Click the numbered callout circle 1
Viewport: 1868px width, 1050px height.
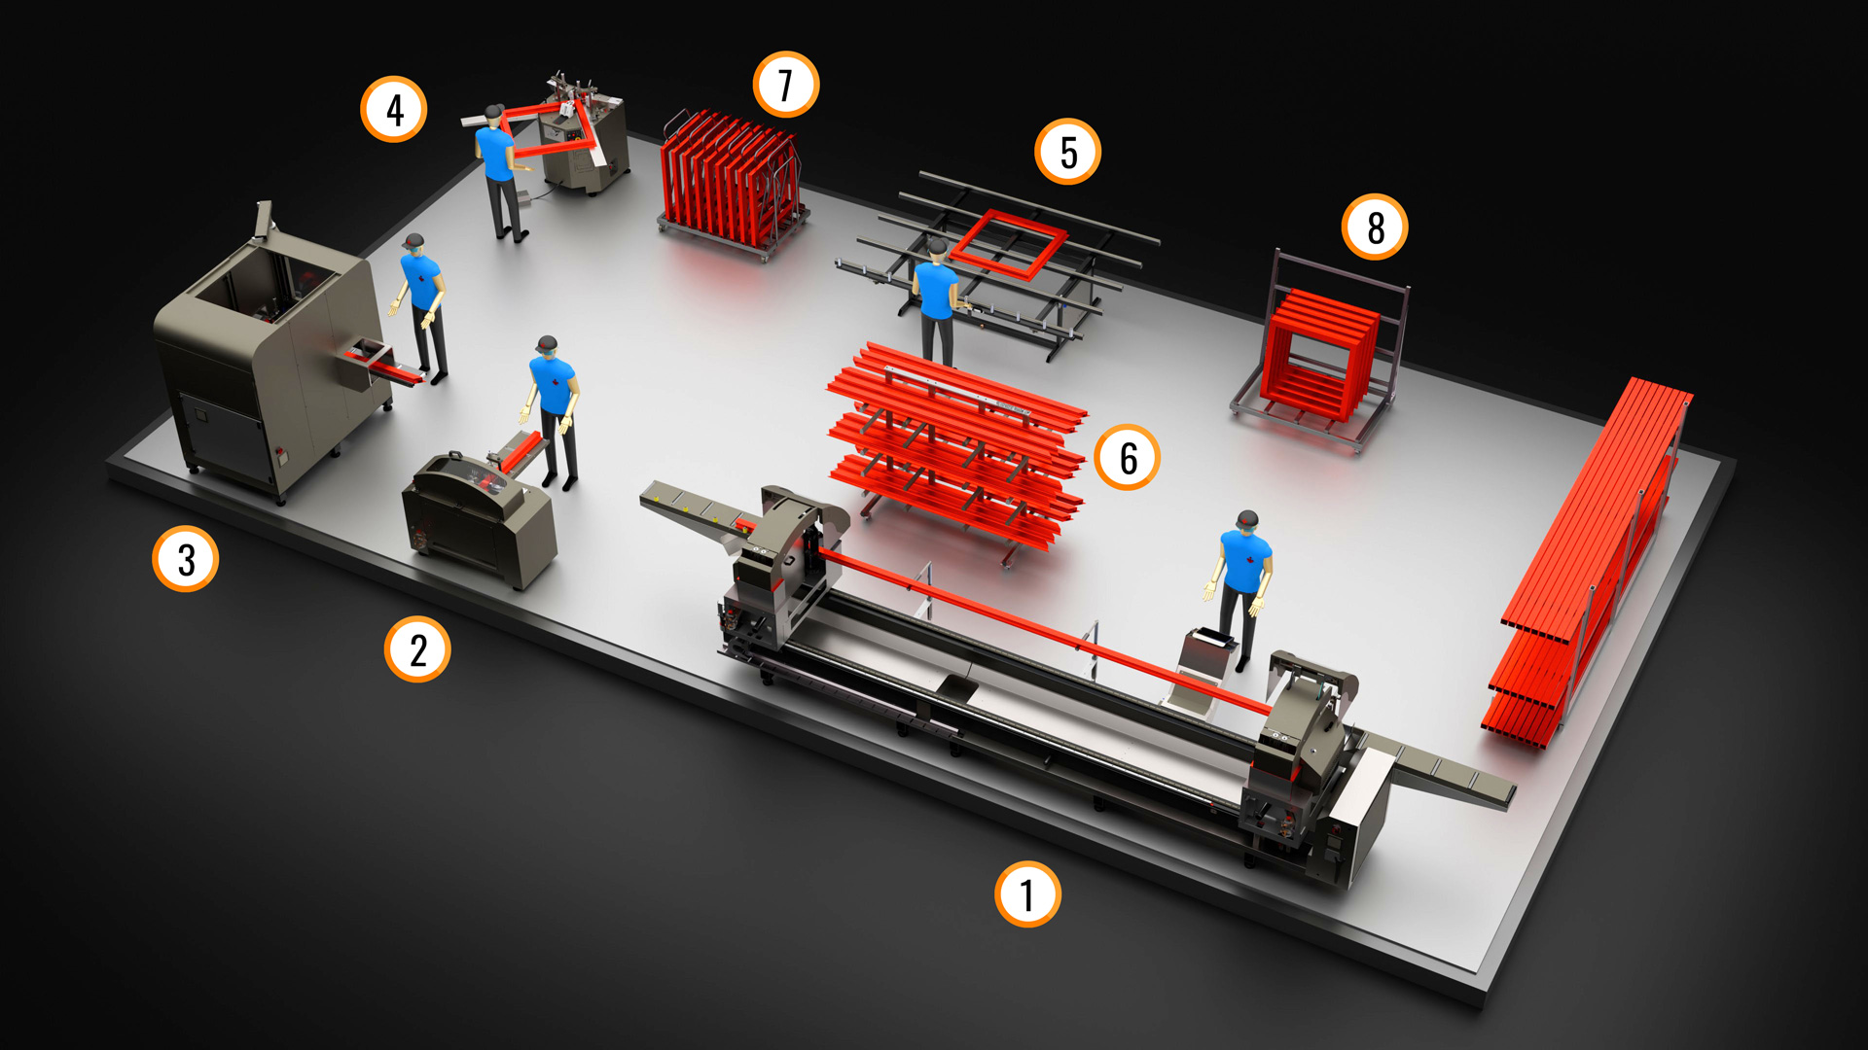[x=1027, y=893]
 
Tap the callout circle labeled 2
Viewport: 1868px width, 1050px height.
[x=417, y=649]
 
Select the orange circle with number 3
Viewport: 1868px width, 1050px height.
[x=185, y=559]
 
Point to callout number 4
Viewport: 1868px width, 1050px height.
[x=394, y=110]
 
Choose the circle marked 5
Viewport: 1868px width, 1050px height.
[x=1068, y=152]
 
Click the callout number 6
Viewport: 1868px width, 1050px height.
[x=1128, y=457]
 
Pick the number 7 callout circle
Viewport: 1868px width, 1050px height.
[x=786, y=85]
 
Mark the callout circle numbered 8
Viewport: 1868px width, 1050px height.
[x=1375, y=227]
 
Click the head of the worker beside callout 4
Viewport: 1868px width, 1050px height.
[x=493, y=116]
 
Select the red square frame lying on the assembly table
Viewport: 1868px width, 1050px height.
[x=1009, y=244]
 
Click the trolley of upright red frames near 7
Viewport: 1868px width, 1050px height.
[x=733, y=183]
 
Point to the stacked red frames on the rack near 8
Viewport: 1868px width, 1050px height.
[x=1320, y=354]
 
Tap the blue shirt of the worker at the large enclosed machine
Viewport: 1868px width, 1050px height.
[x=421, y=282]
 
